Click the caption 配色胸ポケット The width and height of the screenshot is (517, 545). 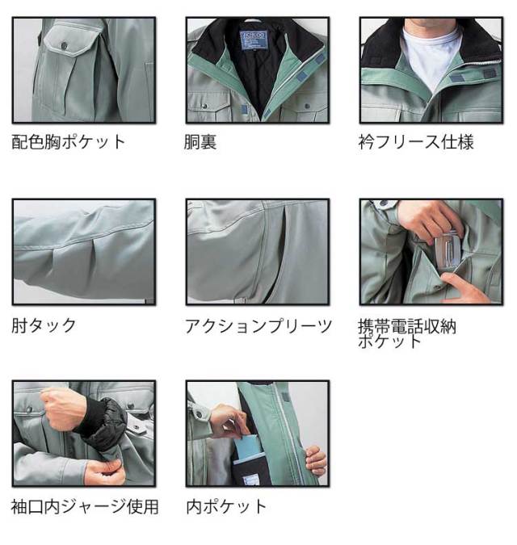pos(68,142)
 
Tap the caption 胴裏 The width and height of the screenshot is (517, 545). pos(200,142)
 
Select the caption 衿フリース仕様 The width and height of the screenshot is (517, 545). pos(416,142)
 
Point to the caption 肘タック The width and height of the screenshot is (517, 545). pos(44,325)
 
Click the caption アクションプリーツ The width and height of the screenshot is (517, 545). pos(258,326)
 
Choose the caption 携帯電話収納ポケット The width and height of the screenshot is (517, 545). pos(407,333)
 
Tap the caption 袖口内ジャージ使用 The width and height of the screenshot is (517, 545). pos(85,507)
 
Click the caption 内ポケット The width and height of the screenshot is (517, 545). pos(226,507)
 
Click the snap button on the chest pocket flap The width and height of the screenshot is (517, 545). pos(64,45)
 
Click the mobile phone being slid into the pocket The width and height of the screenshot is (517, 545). pos(448,249)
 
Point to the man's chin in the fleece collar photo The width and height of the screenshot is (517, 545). pos(431,23)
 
